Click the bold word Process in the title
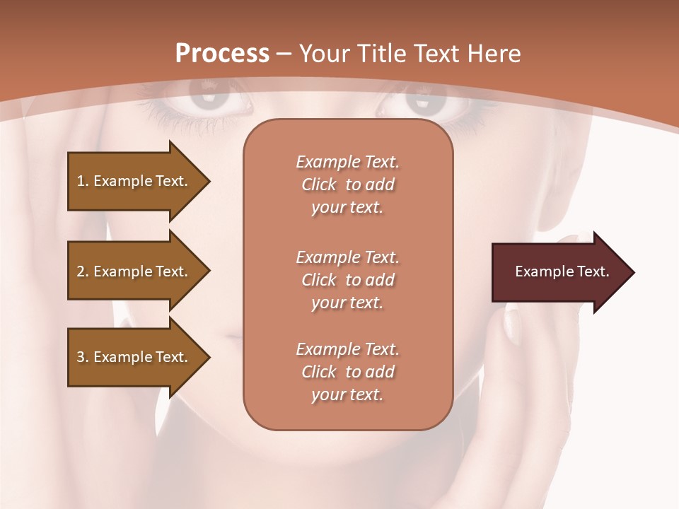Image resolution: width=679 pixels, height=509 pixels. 222,54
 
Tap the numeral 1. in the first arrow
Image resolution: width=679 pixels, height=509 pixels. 83,181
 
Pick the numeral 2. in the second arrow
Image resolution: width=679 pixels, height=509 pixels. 83,271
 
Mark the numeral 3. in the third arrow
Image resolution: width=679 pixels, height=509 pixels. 83,357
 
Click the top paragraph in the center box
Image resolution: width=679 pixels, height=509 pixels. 348,185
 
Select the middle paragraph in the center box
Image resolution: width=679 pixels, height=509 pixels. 348,280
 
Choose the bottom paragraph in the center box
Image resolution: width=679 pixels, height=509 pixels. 348,372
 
